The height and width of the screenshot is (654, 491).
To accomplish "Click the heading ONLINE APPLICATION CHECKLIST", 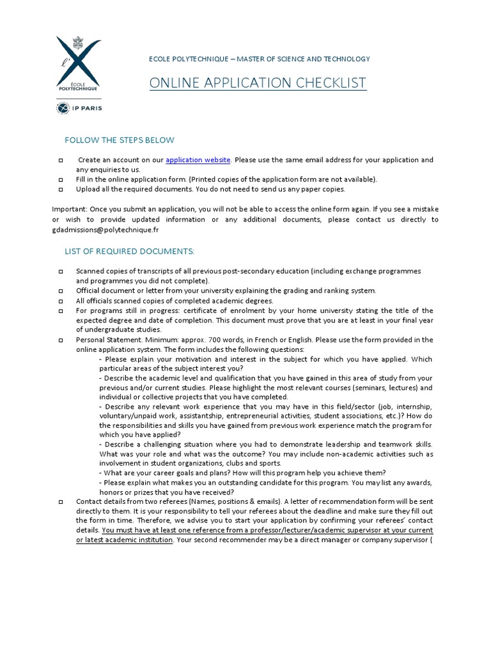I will (258, 83).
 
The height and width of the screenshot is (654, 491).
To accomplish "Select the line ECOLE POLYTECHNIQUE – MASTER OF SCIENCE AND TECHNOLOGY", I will (259, 59).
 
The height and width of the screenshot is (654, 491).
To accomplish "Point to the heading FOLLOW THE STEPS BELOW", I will (120, 140).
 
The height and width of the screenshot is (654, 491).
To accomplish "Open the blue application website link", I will (198, 160).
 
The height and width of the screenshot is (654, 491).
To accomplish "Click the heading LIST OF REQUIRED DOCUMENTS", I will (129, 252).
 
